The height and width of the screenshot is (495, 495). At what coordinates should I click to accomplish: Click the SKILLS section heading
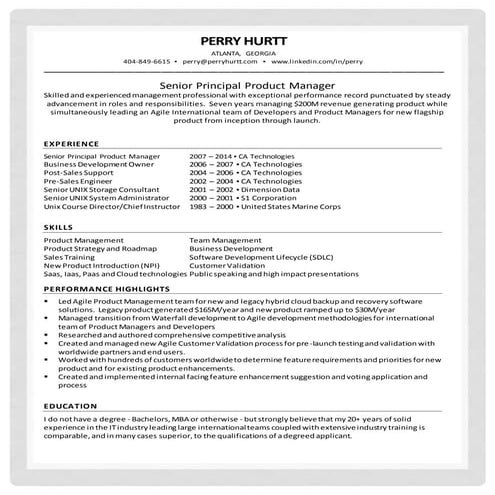coord(58,228)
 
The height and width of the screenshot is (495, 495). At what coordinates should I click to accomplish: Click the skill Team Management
coord(228,241)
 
